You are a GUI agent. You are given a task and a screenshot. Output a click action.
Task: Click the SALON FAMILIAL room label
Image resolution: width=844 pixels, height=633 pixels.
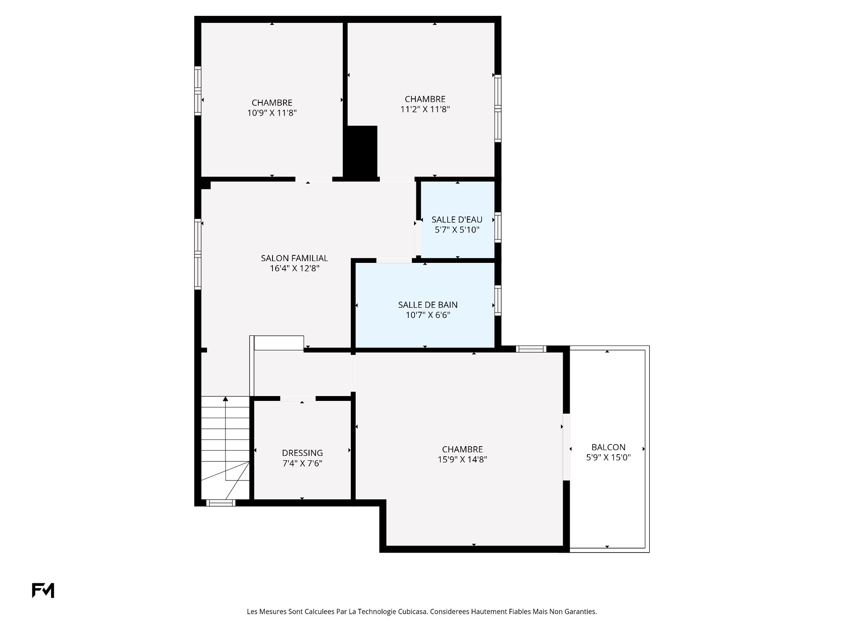click(295, 258)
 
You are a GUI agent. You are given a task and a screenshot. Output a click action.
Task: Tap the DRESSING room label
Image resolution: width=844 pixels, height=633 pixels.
click(302, 453)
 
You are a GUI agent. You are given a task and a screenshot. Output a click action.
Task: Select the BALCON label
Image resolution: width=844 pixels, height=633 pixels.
click(608, 447)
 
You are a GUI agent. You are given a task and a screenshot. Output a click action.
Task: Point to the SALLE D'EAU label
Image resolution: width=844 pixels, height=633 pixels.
click(457, 219)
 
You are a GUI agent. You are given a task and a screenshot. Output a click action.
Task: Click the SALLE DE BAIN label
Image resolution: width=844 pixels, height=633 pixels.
click(428, 305)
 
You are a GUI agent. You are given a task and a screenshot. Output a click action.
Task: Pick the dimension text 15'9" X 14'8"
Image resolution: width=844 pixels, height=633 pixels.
click(462, 459)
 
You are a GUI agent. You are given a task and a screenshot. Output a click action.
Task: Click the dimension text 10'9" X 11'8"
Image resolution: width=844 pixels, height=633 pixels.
click(272, 113)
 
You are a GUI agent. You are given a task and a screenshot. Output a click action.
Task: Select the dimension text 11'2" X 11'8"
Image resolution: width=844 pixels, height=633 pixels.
click(425, 109)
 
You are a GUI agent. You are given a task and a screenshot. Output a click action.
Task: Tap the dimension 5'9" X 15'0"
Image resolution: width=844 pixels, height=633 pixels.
click(608, 457)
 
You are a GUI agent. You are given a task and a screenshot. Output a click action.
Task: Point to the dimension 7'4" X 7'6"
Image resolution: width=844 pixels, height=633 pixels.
click(302, 463)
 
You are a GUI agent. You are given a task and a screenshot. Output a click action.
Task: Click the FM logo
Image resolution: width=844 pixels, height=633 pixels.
click(43, 590)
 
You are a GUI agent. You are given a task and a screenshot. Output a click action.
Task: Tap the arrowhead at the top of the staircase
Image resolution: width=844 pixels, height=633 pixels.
click(226, 399)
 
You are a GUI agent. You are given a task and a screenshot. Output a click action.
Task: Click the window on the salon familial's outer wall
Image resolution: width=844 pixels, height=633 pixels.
click(198, 254)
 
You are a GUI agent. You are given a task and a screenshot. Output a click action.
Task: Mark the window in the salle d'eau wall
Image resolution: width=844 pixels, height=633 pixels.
click(498, 227)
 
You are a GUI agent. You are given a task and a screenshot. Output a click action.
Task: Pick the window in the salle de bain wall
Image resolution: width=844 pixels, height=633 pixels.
click(498, 300)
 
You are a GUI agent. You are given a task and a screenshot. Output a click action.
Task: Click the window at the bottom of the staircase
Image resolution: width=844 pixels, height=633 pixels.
click(221, 503)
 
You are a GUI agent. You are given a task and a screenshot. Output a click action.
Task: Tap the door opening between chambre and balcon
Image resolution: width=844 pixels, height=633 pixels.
click(567, 447)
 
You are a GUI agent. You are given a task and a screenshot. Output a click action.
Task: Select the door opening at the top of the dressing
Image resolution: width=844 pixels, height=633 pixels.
click(298, 398)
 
